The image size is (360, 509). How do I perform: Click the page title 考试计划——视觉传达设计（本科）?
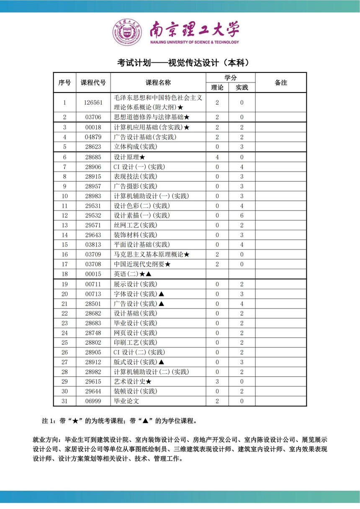coord(183,63)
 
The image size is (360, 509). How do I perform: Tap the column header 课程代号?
coord(93,82)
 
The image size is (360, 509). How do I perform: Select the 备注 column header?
coord(281,82)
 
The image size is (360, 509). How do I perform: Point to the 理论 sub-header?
coord(217,87)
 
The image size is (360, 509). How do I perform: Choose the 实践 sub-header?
coord(242,87)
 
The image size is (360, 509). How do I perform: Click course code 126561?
coord(93,103)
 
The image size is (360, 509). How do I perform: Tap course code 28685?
coord(93,157)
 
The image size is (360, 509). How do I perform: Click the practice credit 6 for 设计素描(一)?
coord(242,216)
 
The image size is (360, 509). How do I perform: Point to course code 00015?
coord(93,274)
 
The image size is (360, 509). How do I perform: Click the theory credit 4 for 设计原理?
coord(217,157)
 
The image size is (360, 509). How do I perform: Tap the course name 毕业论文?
coord(126,401)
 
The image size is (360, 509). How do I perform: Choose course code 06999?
coord(93,401)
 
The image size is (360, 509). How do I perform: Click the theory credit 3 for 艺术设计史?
coord(217,381)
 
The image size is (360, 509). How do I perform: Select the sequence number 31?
coord(65,401)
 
